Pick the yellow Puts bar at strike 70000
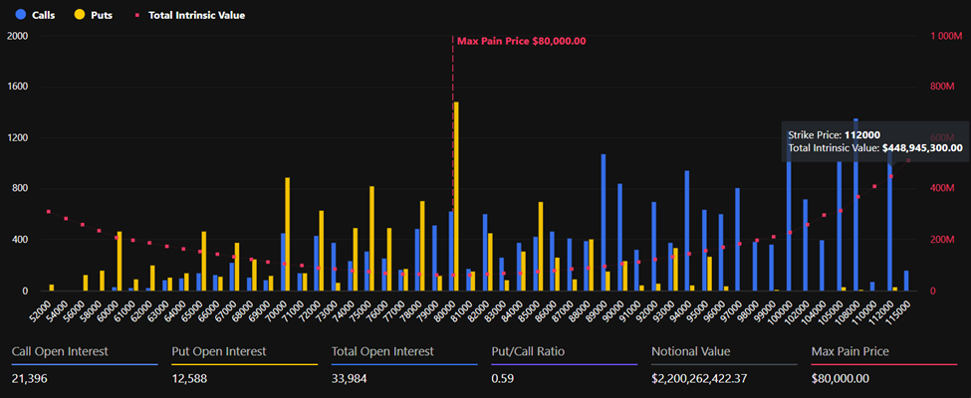point(288,234)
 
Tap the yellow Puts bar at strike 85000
point(541,246)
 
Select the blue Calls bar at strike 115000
point(906,281)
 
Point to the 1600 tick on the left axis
point(18,87)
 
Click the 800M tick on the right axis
point(942,87)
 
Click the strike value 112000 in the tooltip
point(861,134)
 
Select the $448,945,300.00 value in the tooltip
point(922,147)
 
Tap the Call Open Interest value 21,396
point(32,378)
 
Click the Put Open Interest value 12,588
point(192,378)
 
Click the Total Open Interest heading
point(382,351)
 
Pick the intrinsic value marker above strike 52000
point(48,212)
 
